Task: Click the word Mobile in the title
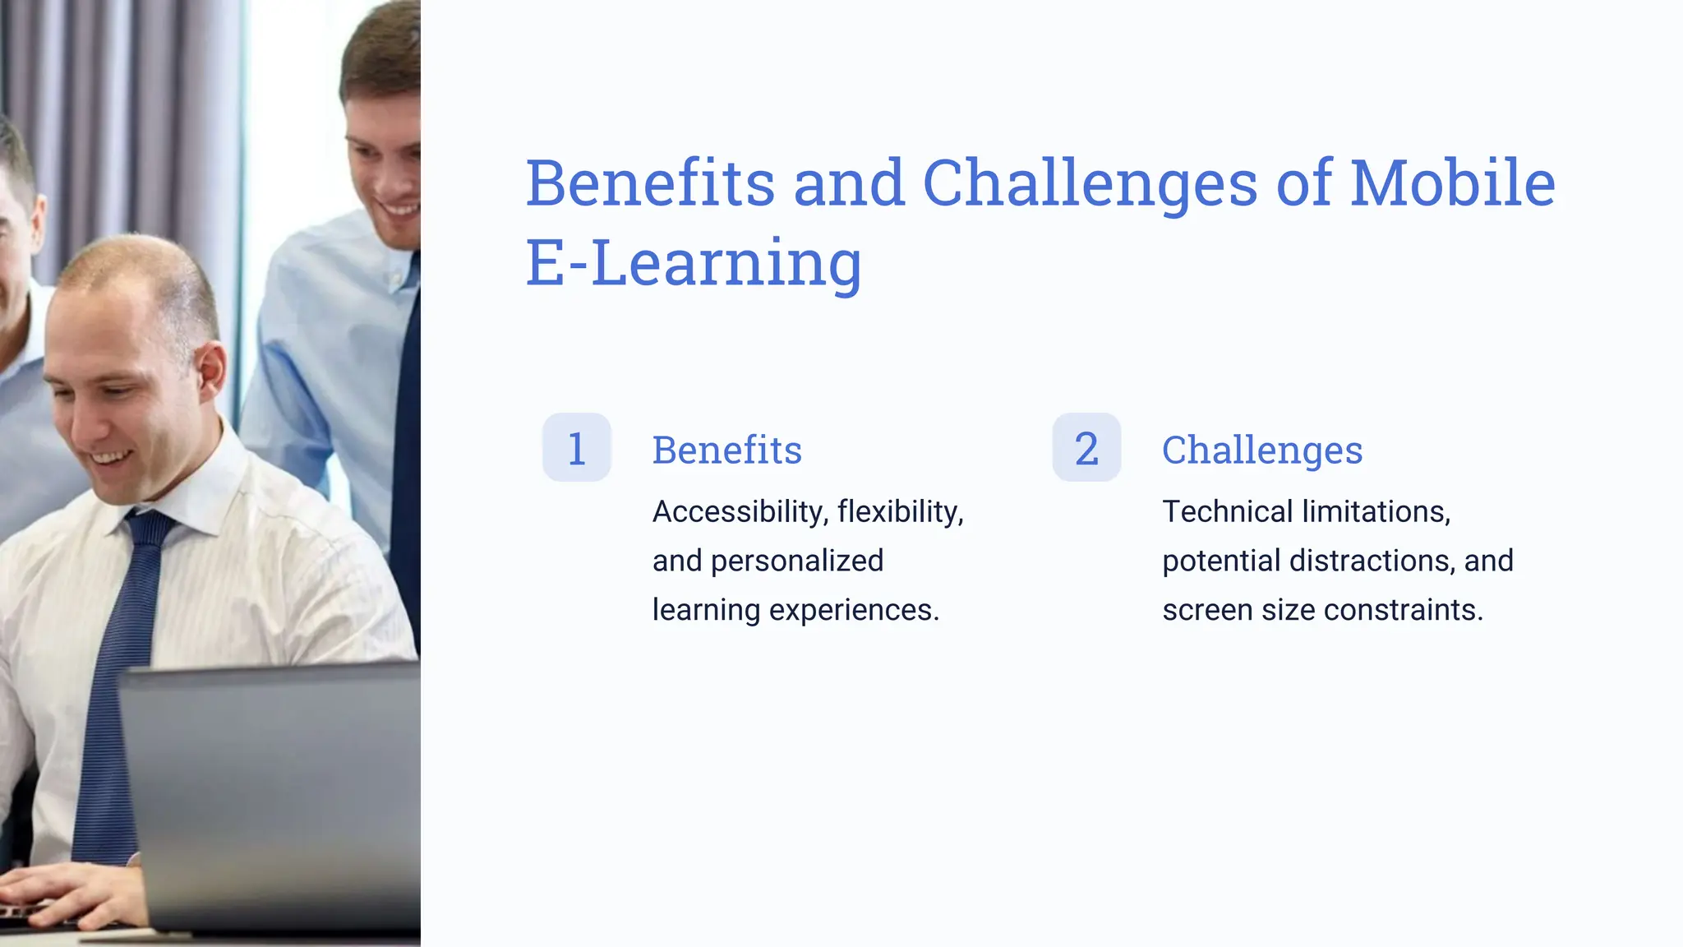click(x=1452, y=183)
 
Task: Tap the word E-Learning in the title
click(x=694, y=263)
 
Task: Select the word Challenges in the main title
click(x=1090, y=183)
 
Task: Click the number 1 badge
click(x=577, y=448)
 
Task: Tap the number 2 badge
click(x=1086, y=448)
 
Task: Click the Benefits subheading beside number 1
click(x=726, y=450)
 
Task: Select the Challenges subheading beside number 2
click(x=1261, y=450)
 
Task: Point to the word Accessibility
click(x=740, y=512)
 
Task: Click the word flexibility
click(x=900, y=512)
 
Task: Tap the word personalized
click(x=796, y=561)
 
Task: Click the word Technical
click(x=1227, y=512)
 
